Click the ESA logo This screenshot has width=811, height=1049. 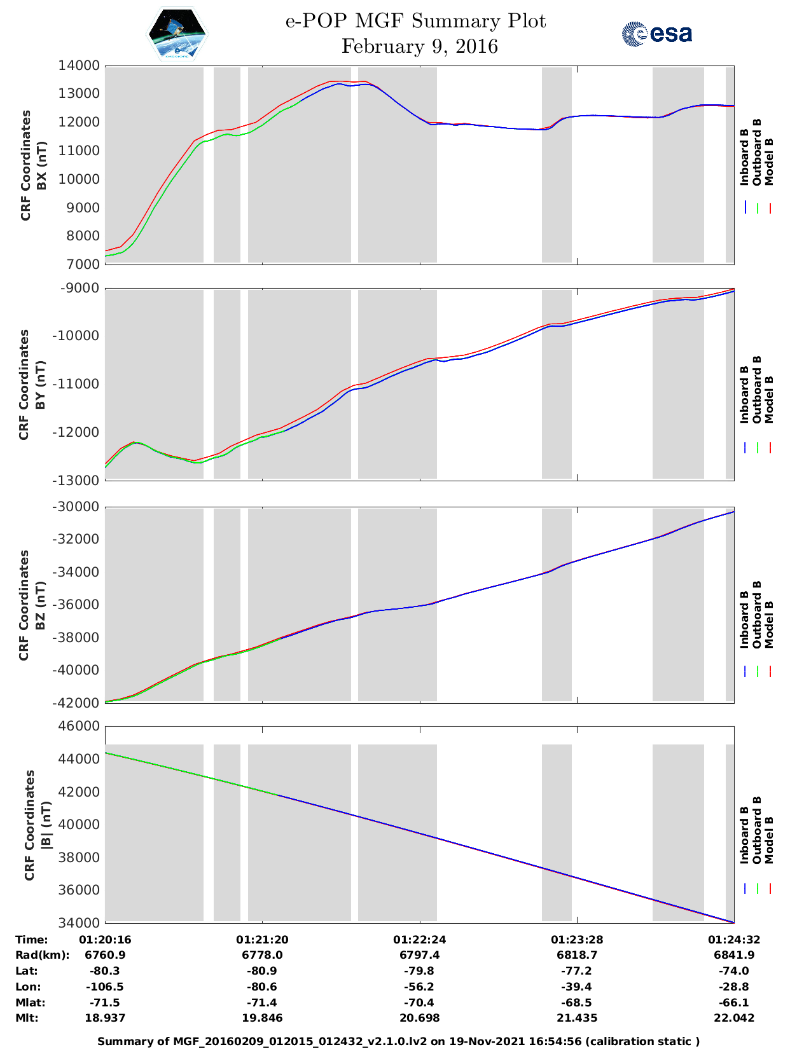click(x=656, y=34)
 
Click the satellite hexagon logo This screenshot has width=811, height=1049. click(x=177, y=34)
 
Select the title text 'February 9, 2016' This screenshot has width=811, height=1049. click(x=419, y=46)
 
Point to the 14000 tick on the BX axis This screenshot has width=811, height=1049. click(x=79, y=65)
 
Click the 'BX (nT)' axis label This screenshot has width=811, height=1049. click(x=42, y=165)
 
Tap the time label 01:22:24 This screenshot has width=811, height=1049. click(x=419, y=940)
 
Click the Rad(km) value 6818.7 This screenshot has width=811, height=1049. click(x=577, y=955)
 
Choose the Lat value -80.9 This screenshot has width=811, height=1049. click(x=262, y=971)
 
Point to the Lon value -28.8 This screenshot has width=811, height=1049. click(x=733, y=987)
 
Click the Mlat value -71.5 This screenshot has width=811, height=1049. click(x=105, y=1003)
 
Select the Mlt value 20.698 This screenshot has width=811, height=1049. click(x=419, y=1018)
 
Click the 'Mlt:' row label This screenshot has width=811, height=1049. click(x=27, y=1018)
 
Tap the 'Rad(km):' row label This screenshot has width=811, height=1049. click(x=43, y=955)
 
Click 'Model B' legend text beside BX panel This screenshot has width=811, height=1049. click(x=769, y=161)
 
